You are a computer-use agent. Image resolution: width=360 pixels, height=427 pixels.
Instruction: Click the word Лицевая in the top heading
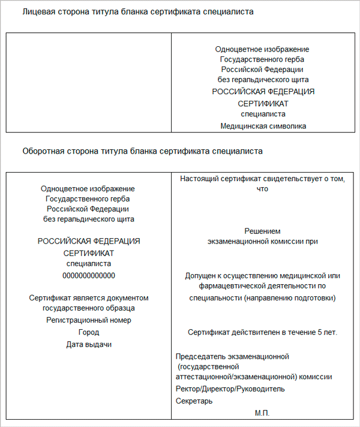37,12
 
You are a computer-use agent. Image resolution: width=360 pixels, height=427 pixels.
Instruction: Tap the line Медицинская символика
263,126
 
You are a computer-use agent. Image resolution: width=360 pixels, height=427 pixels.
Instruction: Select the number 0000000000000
89,275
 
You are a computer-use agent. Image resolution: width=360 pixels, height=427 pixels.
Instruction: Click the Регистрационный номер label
89,320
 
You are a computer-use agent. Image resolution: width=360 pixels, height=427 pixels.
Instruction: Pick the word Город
89,332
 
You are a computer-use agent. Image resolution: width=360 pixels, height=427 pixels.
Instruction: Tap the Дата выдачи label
89,344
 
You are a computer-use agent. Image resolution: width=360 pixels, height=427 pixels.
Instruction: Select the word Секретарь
194,401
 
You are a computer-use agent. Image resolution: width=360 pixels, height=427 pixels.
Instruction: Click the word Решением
263,231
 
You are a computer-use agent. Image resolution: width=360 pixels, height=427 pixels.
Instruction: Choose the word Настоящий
198,179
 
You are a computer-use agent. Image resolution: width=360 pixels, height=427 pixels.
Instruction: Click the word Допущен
202,276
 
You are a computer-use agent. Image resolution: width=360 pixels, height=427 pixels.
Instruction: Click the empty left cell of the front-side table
89,82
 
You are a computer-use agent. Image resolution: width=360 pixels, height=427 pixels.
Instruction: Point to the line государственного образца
89,308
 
